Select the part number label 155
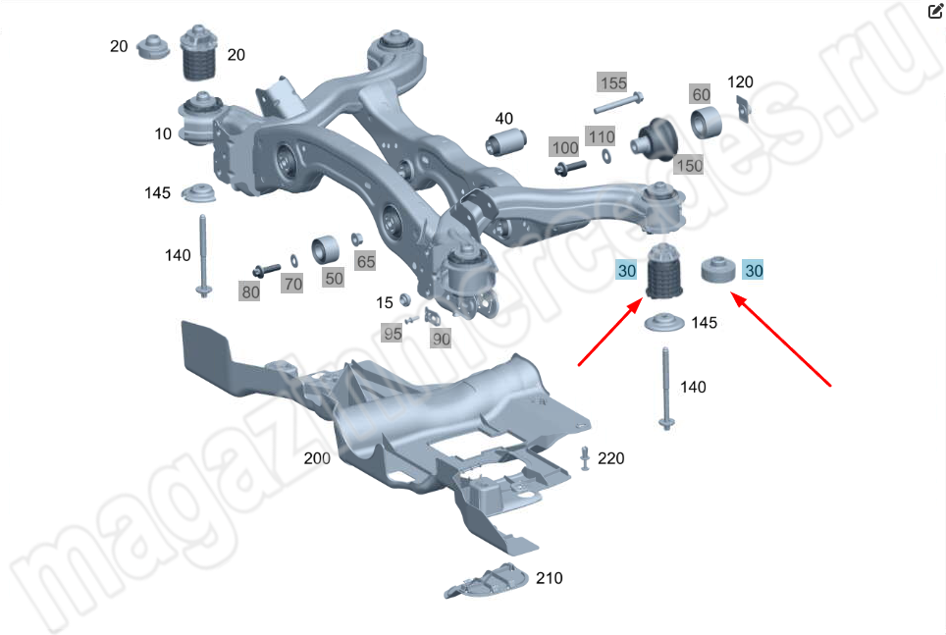click(x=613, y=82)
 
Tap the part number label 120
click(x=740, y=81)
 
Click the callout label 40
click(x=503, y=119)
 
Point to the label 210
click(x=549, y=578)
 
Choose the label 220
click(x=610, y=458)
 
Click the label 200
click(x=317, y=458)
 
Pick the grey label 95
click(x=393, y=333)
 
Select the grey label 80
click(x=250, y=291)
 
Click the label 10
click(x=163, y=133)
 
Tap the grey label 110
click(x=601, y=137)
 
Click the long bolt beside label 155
click(x=618, y=103)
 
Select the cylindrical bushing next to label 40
click(x=505, y=142)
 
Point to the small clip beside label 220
click(x=585, y=458)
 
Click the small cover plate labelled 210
click(x=487, y=581)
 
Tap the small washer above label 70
click(x=293, y=261)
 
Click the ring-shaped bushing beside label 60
click(x=706, y=123)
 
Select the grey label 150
click(x=689, y=166)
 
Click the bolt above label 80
click(x=266, y=270)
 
